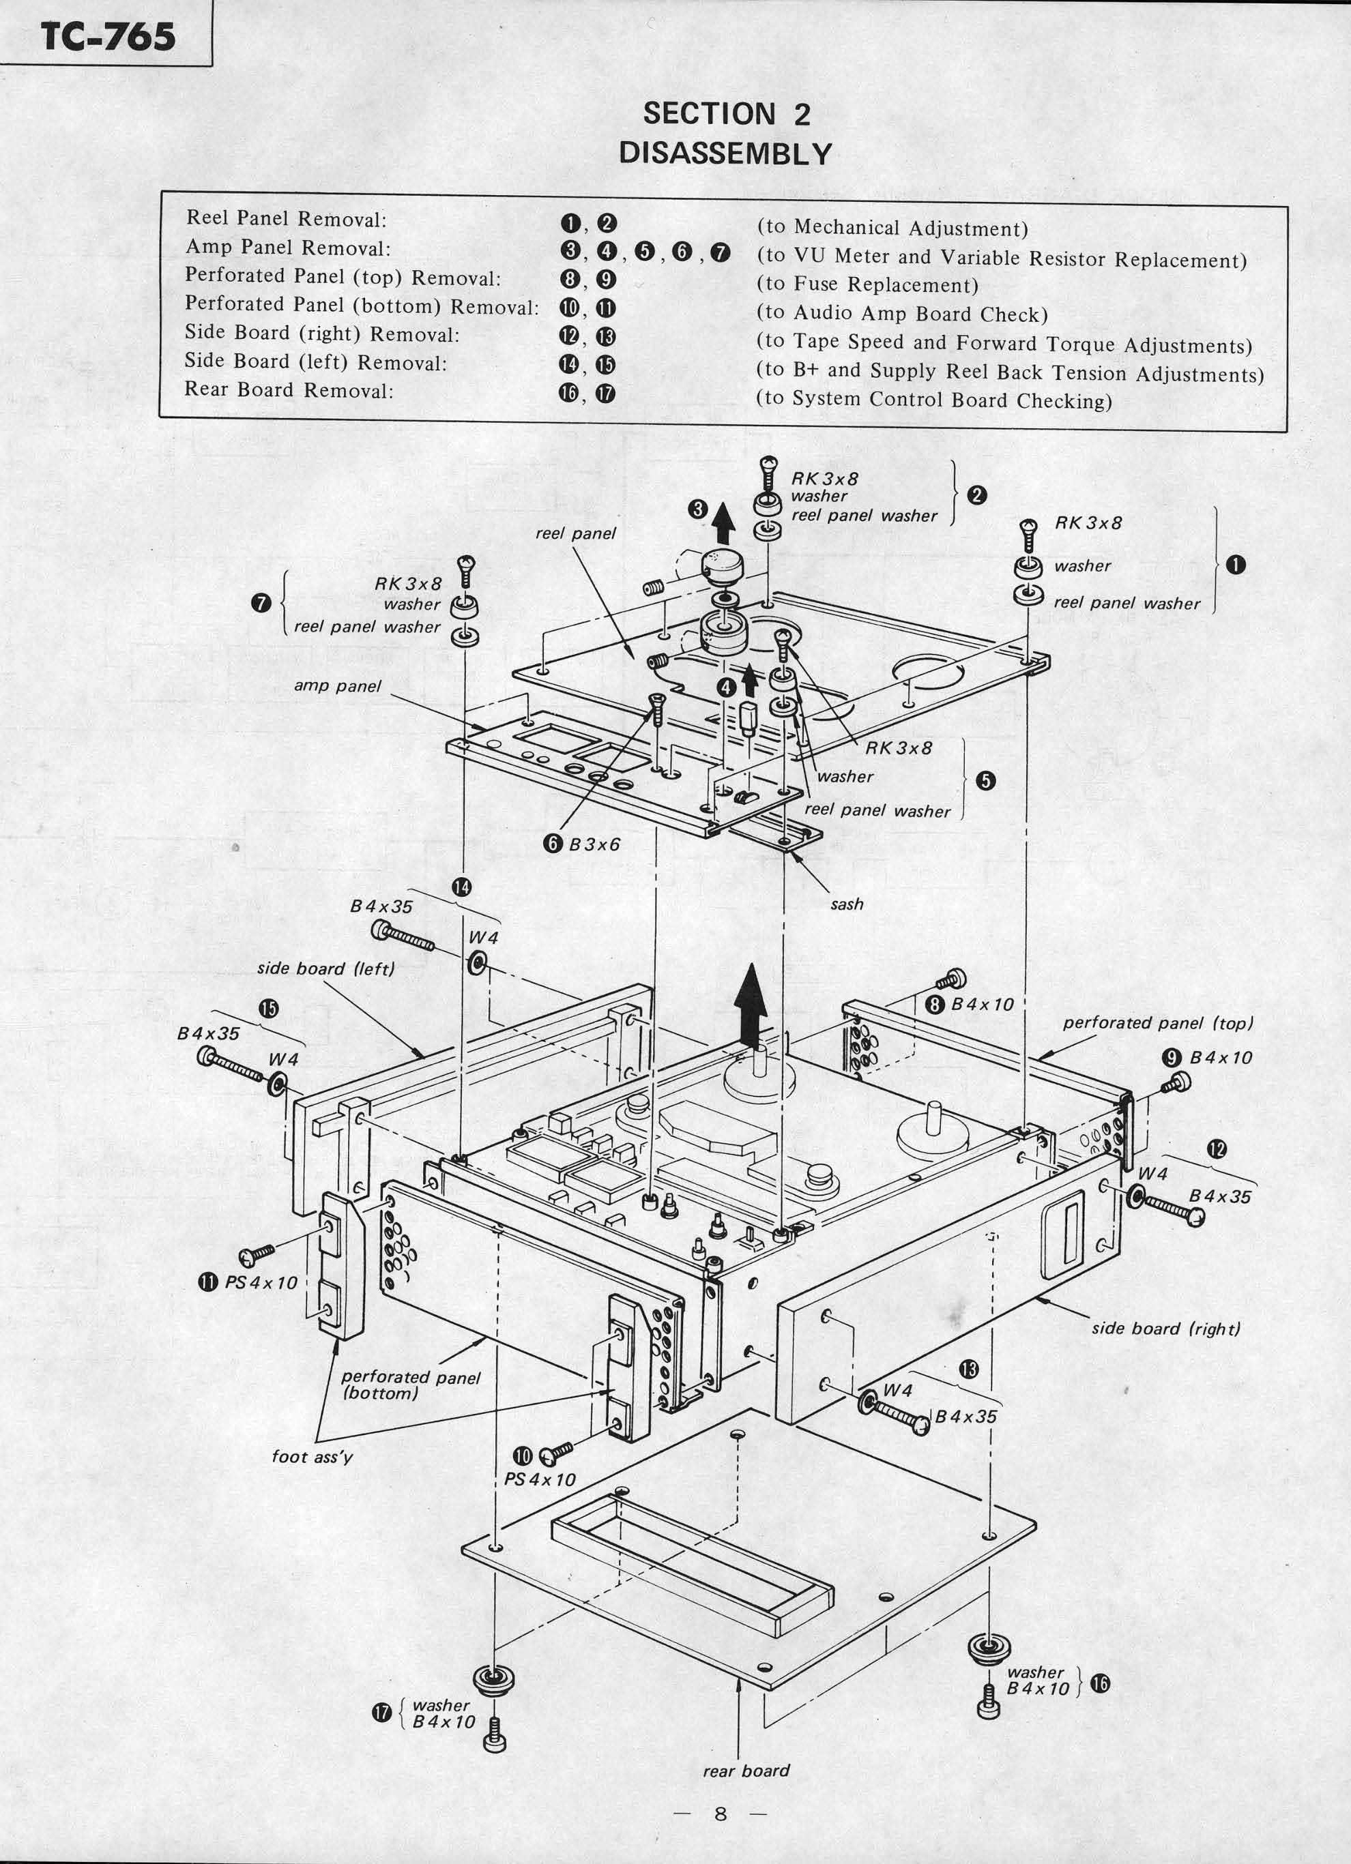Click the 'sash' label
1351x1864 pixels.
click(846, 904)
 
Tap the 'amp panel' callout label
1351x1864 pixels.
click(337, 685)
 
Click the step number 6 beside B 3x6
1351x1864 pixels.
click(553, 844)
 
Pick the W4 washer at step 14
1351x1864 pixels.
click(477, 962)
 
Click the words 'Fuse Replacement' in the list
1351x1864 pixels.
click(885, 285)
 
